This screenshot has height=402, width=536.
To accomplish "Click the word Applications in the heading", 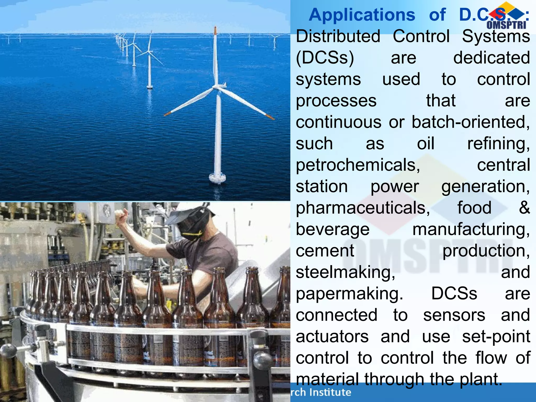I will pos(362,15).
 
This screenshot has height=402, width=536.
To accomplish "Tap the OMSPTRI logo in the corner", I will pos(506,16).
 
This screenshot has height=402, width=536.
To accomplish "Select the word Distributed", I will pos(338,36).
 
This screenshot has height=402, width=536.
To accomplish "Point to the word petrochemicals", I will pos(358,165).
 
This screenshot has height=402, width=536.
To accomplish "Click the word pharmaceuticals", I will pos(363,208).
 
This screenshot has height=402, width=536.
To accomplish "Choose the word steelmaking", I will pos(345,272).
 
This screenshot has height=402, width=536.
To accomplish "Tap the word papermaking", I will pos(349,294).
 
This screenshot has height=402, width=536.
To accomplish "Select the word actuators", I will pos(332,337).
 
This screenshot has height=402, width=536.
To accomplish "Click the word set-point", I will pos(496,337).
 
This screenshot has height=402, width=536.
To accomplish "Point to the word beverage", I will pos(333,230).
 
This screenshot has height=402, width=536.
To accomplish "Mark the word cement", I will pos(325,251).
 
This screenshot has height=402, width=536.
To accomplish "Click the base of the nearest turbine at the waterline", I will pos(217,178).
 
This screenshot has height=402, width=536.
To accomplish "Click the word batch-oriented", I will pos(471,122).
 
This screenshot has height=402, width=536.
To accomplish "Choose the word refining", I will pos(499,144).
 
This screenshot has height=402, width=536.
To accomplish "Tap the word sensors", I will pos(454,315).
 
